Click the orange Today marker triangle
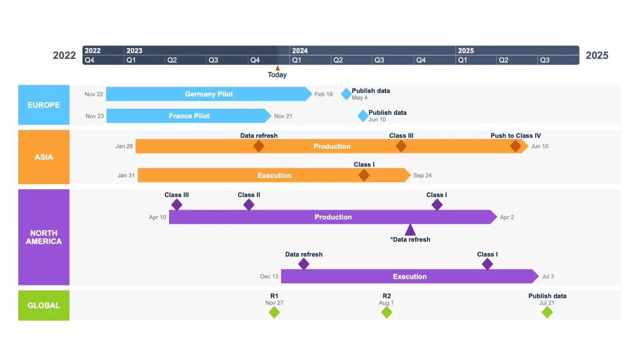coord(277,68)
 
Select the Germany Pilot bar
coord(208,94)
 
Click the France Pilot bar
coord(189,116)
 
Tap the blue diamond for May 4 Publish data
coord(346,94)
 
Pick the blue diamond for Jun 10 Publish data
coord(363,116)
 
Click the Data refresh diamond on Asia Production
coord(259,146)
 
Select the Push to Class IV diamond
coord(515,146)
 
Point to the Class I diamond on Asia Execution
coord(364,175)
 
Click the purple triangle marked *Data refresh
coord(410,230)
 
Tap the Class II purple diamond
coord(249,205)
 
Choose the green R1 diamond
coord(274,313)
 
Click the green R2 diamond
coord(386,313)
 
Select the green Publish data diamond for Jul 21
coord(547,313)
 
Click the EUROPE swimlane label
coord(44,105)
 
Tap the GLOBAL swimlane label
coord(44,306)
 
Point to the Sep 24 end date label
coord(422,175)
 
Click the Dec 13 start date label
coord(269,276)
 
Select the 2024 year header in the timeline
coord(300,51)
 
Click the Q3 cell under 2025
coord(545,60)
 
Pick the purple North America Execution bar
coord(409,276)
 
